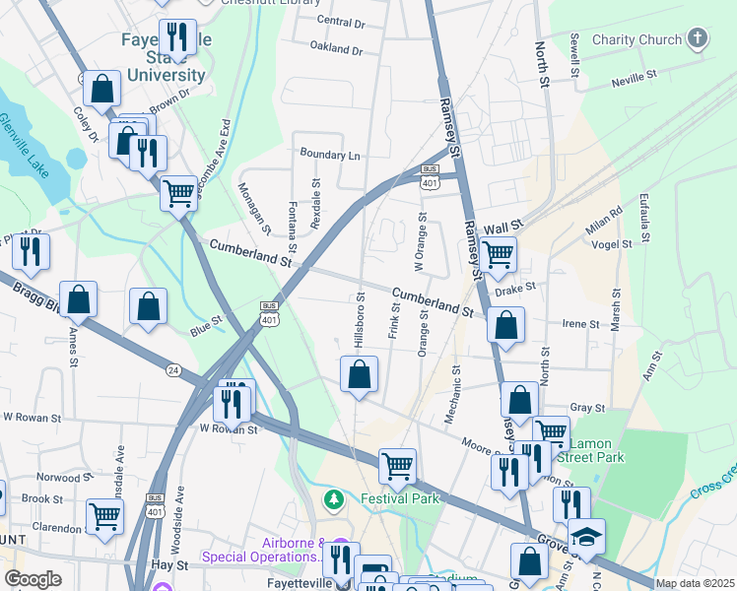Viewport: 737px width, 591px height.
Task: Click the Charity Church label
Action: coord(636,39)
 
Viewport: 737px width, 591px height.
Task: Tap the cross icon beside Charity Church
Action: coord(698,39)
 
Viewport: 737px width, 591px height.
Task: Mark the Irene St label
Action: coord(580,323)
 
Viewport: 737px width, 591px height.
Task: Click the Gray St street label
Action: coord(586,407)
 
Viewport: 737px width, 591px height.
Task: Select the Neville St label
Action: coord(634,76)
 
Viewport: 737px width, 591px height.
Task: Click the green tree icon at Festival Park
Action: coord(335,499)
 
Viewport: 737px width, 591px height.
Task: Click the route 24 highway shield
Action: coord(174,370)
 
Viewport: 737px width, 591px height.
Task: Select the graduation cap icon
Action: coord(586,536)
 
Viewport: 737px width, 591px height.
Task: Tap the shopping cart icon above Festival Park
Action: coord(398,465)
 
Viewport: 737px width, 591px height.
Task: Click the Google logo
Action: coord(33,579)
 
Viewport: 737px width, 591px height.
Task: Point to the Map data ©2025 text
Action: coord(695,583)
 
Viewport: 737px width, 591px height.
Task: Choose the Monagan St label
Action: coord(254,209)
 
